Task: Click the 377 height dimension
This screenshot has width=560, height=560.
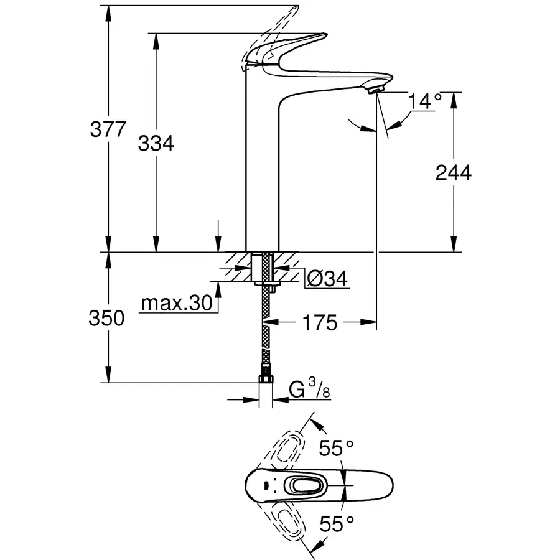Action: [108, 131]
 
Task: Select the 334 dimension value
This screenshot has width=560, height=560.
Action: [156, 144]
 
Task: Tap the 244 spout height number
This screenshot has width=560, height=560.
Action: [453, 172]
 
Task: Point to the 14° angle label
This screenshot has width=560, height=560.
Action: [425, 101]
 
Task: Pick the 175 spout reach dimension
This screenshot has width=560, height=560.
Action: [321, 322]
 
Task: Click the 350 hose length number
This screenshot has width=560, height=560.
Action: [108, 319]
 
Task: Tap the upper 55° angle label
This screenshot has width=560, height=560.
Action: [336, 447]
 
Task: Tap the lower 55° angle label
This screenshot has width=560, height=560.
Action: [336, 524]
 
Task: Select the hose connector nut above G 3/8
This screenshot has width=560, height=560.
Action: [267, 379]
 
